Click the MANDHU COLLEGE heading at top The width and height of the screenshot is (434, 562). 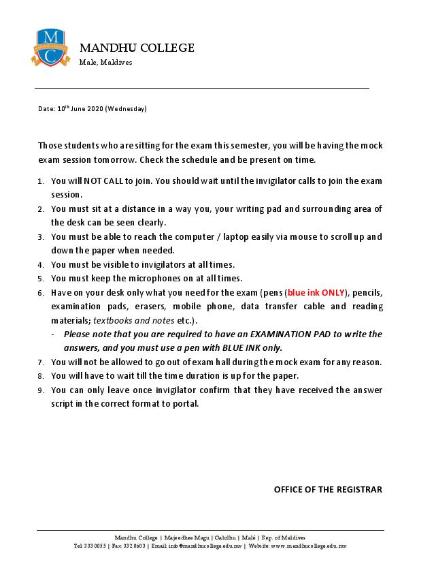[x=137, y=48]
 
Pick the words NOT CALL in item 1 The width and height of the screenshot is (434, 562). [x=100, y=181]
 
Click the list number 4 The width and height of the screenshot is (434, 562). [x=41, y=264]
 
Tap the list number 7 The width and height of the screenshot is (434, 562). [x=41, y=362]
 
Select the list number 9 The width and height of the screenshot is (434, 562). [x=41, y=390]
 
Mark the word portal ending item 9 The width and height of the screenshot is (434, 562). [x=185, y=403]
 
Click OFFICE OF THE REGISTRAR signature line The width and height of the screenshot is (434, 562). [x=328, y=489]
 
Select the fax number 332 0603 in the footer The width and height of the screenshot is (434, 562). [x=135, y=546]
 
